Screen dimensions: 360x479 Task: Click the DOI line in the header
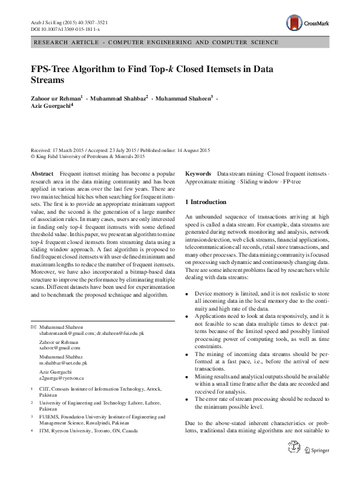point(65,28)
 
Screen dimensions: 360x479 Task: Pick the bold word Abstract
point(41,174)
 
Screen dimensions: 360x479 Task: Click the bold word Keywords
point(198,174)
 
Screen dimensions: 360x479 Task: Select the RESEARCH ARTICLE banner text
point(157,42)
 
